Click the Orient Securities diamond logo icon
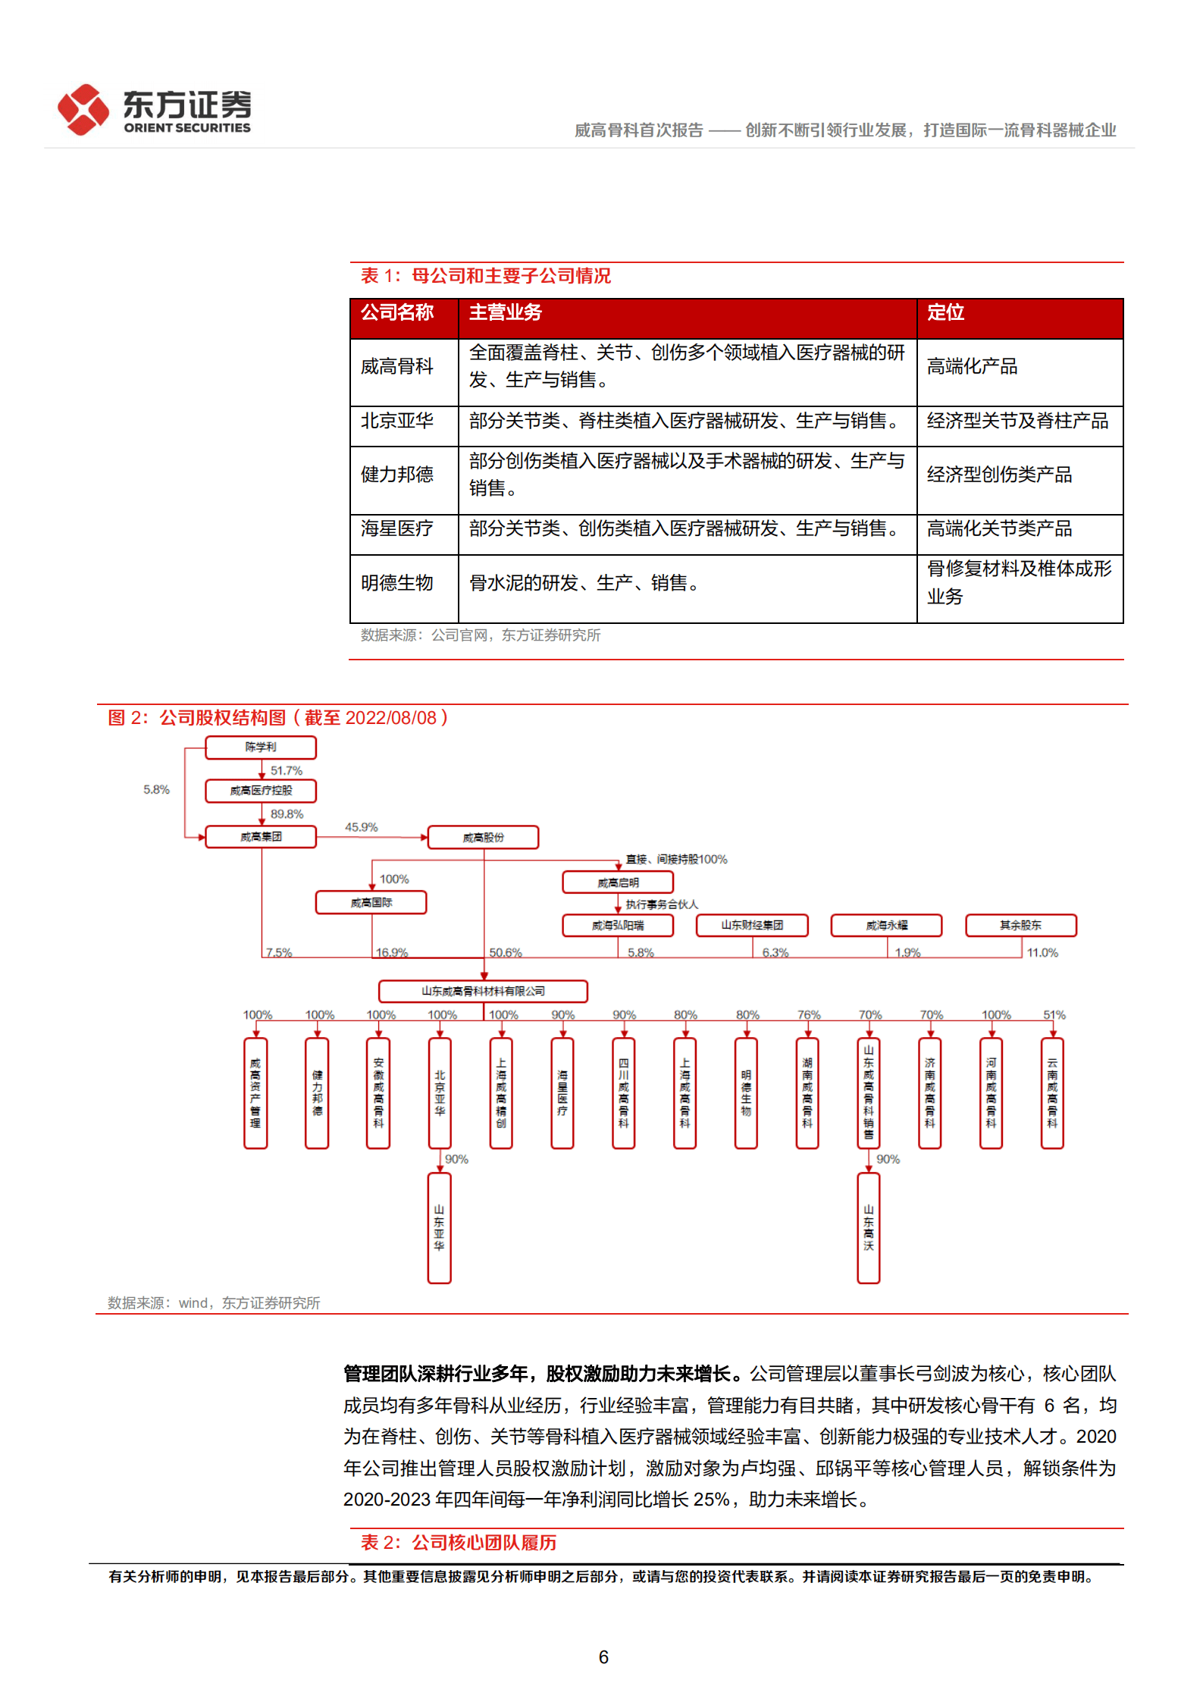[83, 110]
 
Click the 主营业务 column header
[505, 312]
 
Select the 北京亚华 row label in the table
[397, 421]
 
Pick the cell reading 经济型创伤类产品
[999, 475]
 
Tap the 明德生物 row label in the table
[397, 582]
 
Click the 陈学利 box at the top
[261, 748]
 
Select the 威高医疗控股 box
[261, 791]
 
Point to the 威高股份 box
[484, 838]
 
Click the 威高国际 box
[371, 903]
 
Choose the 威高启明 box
[618, 882]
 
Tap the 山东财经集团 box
[752, 926]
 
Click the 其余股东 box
[1020, 926]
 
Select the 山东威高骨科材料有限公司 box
[483, 991]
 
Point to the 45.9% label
[361, 827]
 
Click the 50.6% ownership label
[506, 952]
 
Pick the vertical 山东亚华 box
[440, 1227]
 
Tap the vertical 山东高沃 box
[869, 1227]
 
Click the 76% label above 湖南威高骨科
[809, 1014]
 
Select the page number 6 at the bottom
[603, 1657]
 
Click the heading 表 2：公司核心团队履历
[459, 1543]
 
